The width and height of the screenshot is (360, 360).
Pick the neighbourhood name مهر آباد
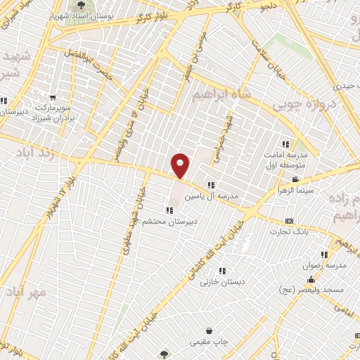coord(24,290)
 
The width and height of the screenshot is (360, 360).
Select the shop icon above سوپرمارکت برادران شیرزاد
coord(51,98)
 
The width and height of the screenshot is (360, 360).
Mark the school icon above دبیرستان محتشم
coord(169,210)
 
